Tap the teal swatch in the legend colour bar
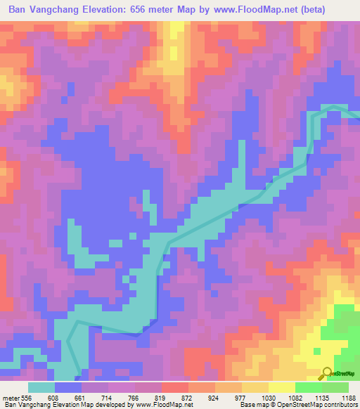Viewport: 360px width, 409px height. click(x=41, y=387)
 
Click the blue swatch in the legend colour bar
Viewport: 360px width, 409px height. click(x=68, y=387)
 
